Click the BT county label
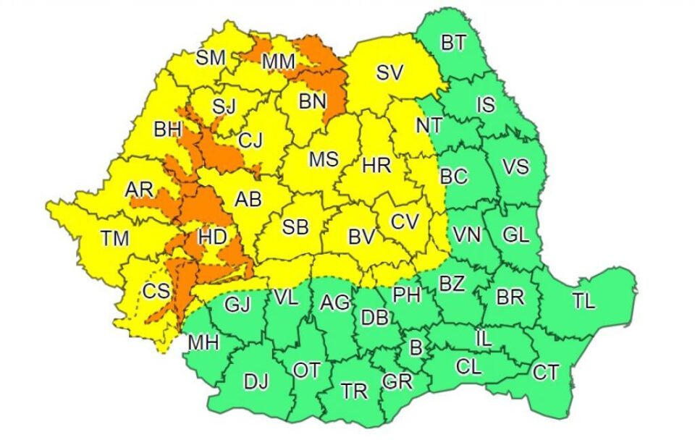[453, 43]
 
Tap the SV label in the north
[389, 72]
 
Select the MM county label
[278, 63]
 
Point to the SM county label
[211, 57]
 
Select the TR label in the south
[354, 392]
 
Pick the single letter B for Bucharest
[416, 349]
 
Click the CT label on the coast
[545, 373]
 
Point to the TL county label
[584, 301]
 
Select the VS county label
[515, 166]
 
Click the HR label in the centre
[376, 166]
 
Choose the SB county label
[295, 227]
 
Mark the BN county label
[313, 103]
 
